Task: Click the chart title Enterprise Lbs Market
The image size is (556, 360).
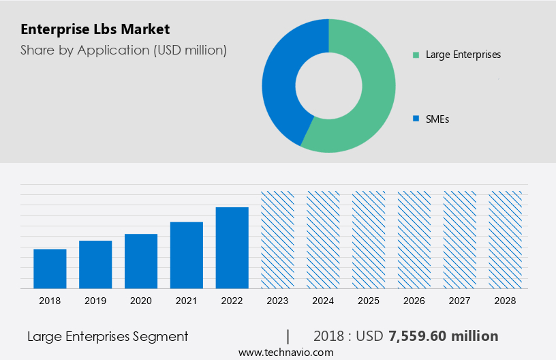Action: pos(95,29)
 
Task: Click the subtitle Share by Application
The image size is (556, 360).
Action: pos(123,50)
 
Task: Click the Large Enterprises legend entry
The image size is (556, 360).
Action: pos(463,55)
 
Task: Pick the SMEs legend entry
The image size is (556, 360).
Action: pos(437,119)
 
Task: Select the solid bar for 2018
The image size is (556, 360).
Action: pos(50,269)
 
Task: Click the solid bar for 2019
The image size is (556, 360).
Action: pos(95,265)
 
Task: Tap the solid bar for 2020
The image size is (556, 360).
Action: pos(141,261)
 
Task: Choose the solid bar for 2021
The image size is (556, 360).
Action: pos(187,255)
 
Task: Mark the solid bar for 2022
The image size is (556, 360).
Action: pos(232,247)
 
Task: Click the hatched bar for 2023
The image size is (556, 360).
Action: pos(278,239)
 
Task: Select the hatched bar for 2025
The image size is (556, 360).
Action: pos(369,239)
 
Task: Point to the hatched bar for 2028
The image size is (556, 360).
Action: pos(506,239)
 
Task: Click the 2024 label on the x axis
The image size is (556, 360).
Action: pos(323,300)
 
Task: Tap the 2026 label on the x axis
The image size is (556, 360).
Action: pos(414,300)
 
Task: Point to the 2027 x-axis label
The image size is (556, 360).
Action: pos(460,300)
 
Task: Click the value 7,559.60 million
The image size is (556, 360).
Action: pos(443,336)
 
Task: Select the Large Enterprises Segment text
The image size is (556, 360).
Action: pos(108,336)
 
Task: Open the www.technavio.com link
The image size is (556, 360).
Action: pos(286,352)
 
